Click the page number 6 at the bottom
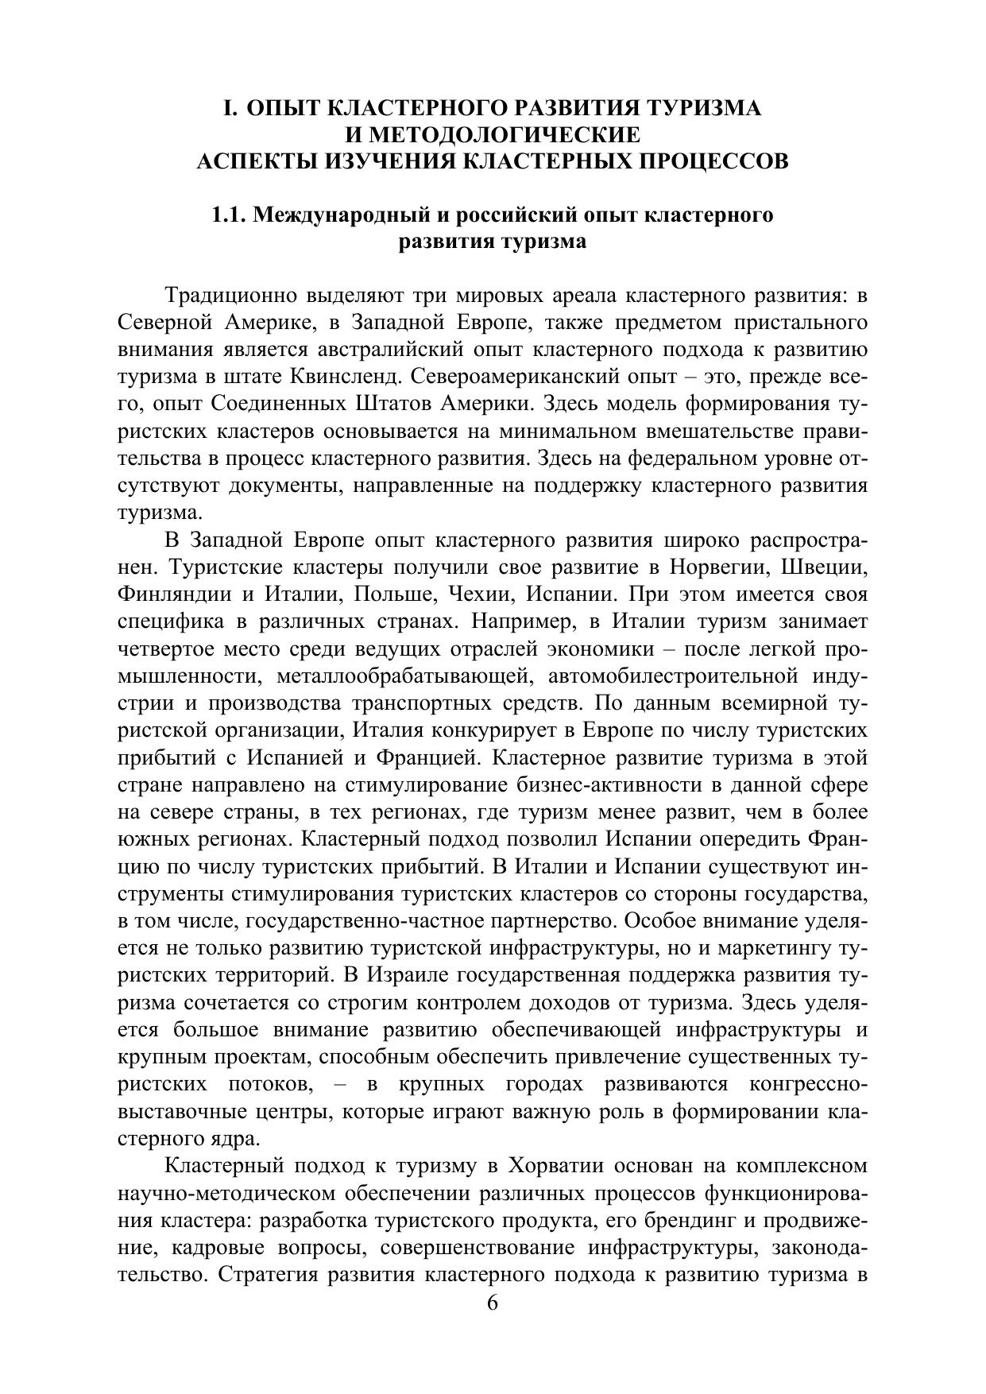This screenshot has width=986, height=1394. click(493, 1303)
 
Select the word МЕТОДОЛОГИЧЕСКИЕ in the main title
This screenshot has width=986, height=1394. click(492, 134)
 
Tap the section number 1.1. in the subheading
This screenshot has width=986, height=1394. click(230, 215)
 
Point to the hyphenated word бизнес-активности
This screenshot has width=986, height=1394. click(540, 785)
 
